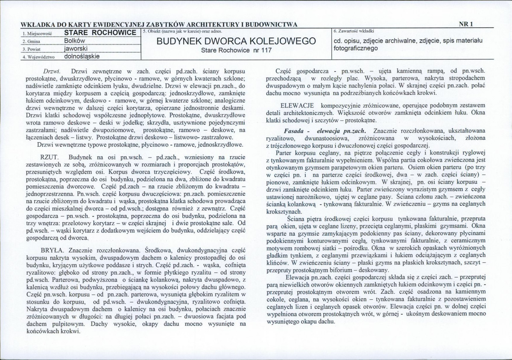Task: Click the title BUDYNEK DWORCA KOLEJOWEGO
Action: (236, 41)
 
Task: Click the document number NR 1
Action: (465, 24)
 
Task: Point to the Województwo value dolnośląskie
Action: (82, 56)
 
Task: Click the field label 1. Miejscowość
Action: (34, 33)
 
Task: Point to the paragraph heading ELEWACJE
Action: (297, 105)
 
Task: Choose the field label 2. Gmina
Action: (29, 41)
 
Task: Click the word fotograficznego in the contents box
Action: (357, 48)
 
